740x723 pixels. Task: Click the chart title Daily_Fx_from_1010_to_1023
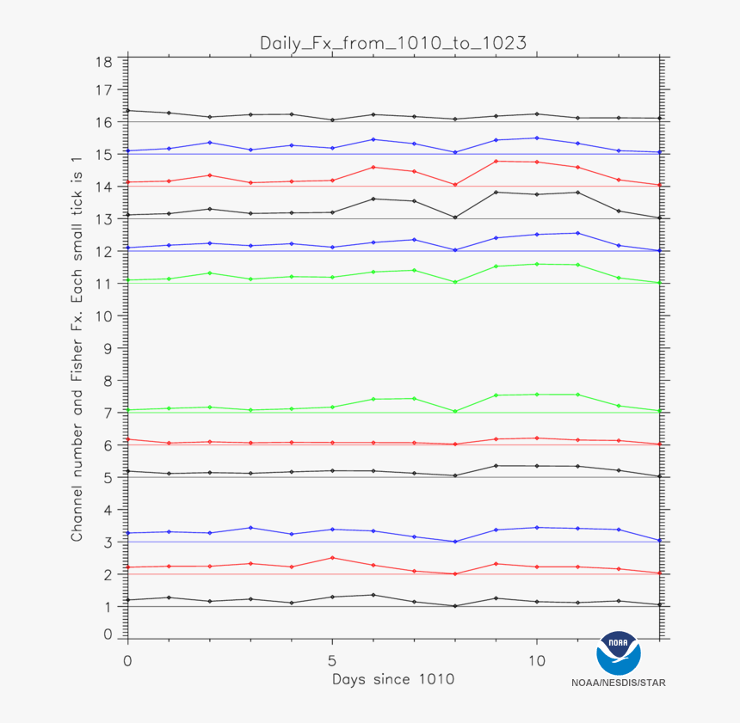click(x=393, y=43)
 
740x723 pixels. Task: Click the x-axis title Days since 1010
click(x=393, y=679)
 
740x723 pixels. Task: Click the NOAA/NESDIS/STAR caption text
click(x=618, y=683)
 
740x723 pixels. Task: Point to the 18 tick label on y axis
click(x=105, y=61)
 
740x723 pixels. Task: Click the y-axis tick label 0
click(x=108, y=634)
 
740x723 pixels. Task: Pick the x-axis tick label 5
click(x=332, y=662)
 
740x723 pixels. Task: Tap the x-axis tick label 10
click(x=537, y=662)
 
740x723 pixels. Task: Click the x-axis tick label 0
click(x=127, y=662)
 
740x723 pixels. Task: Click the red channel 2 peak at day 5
click(x=332, y=558)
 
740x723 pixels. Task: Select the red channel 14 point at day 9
click(x=496, y=161)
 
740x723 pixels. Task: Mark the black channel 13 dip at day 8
click(x=455, y=218)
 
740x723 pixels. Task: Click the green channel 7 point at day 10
click(x=537, y=395)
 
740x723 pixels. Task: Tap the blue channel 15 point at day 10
click(x=537, y=138)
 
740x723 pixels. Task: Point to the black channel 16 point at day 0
click(x=127, y=110)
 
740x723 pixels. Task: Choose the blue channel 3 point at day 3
click(x=250, y=528)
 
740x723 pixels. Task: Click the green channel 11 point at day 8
click(x=455, y=282)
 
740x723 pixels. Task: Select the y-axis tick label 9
click(x=108, y=348)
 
